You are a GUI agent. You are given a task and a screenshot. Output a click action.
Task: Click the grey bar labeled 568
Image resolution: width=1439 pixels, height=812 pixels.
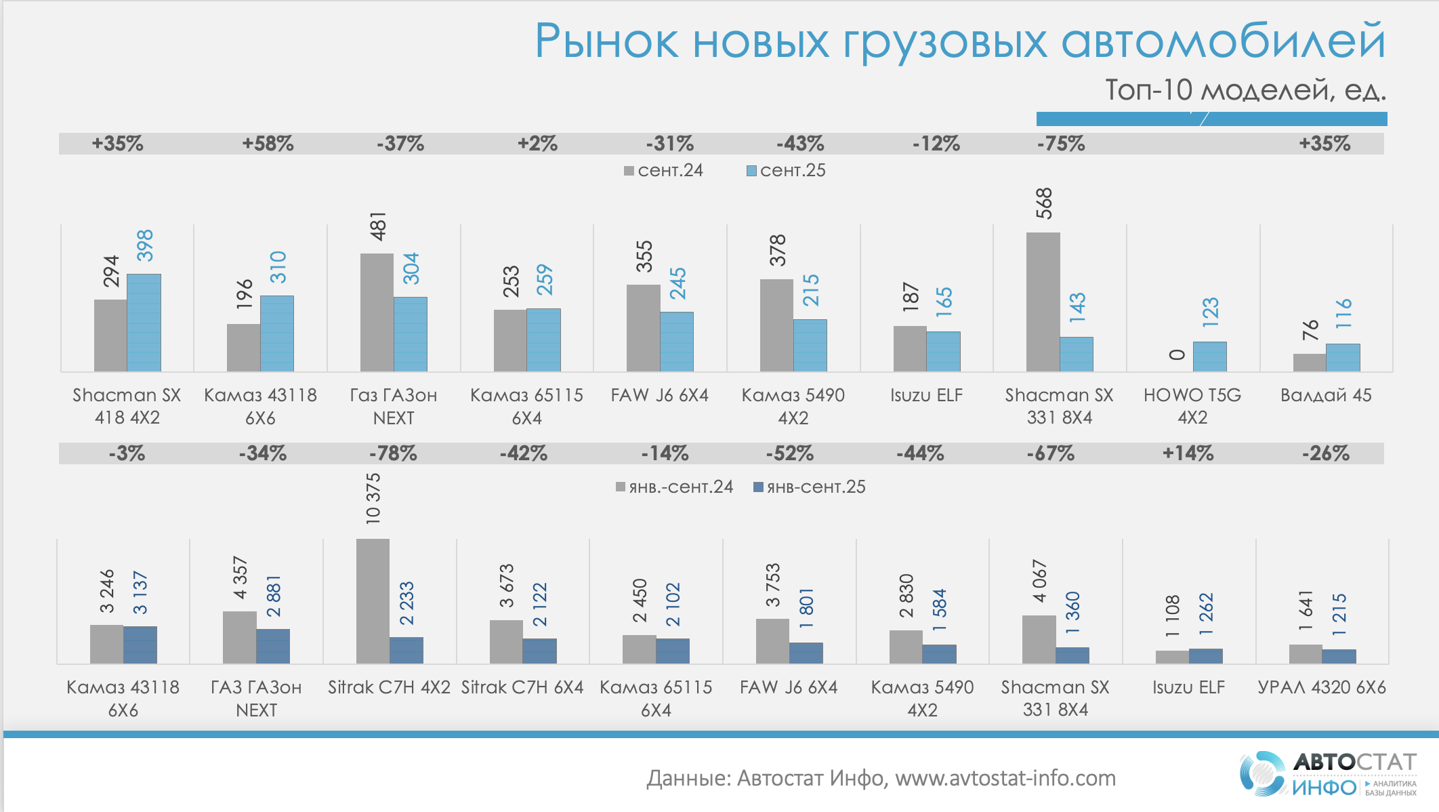1043,302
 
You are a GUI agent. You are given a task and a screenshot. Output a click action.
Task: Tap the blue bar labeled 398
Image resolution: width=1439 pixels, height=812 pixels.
144,323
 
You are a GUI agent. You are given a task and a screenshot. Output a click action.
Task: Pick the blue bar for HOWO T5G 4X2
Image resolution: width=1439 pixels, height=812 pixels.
1209,357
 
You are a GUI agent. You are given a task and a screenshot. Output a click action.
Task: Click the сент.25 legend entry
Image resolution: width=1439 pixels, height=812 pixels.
786,171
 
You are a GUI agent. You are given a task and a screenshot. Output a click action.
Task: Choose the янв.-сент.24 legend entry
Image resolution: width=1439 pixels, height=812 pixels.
674,487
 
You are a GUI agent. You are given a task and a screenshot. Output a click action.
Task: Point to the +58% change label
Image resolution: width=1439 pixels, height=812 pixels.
268,144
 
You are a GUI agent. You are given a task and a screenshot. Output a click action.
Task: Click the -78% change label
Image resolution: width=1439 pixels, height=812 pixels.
393,453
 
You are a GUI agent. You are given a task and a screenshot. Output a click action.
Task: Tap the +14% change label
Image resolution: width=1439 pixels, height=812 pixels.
1188,453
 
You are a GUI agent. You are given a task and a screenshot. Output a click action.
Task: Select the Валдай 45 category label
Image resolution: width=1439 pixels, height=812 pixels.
1326,395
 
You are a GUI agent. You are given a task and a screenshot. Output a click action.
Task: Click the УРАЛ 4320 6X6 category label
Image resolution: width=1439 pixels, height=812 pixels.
1322,687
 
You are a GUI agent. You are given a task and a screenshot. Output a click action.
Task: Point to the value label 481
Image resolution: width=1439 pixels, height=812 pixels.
377,226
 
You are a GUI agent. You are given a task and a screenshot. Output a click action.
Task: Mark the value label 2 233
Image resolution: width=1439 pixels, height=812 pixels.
406,603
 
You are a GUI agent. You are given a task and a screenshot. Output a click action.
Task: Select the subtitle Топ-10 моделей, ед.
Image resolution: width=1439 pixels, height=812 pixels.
1245,90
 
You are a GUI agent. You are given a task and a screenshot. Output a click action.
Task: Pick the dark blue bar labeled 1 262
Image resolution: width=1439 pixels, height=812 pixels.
1206,655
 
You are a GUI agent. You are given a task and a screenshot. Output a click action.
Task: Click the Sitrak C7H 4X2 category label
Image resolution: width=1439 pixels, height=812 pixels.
389,687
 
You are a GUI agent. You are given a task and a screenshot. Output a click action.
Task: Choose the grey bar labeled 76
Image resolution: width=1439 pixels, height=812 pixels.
1309,363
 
